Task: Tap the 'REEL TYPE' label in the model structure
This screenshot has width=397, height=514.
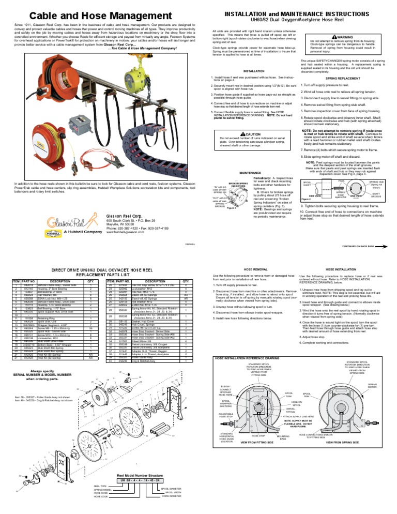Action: [x=100, y=487]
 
